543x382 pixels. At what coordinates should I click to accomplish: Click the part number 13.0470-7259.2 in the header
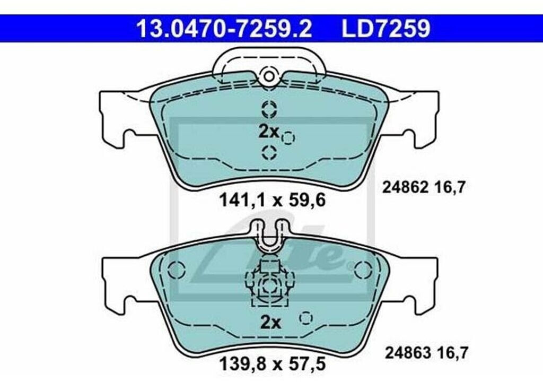click(224, 29)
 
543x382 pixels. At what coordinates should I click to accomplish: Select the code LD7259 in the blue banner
click(386, 29)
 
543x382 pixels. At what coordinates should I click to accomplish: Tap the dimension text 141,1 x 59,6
click(273, 200)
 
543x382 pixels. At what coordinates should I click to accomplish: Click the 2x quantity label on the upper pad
click(269, 132)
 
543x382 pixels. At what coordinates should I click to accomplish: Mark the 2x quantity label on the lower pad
click(270, 323)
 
